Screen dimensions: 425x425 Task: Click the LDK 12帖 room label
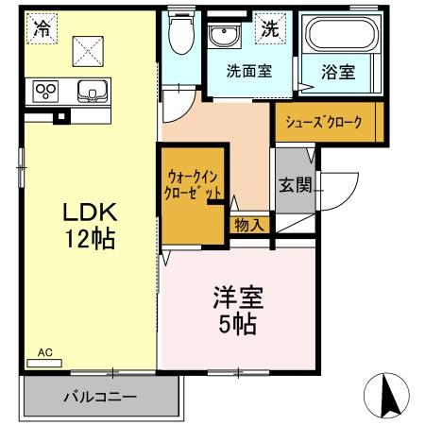90,223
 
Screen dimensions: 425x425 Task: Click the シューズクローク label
326,120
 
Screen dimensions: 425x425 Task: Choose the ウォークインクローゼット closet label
193,183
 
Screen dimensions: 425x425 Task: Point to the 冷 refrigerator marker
41,28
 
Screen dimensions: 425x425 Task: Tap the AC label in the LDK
44,354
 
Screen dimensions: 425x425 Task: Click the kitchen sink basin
92,92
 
